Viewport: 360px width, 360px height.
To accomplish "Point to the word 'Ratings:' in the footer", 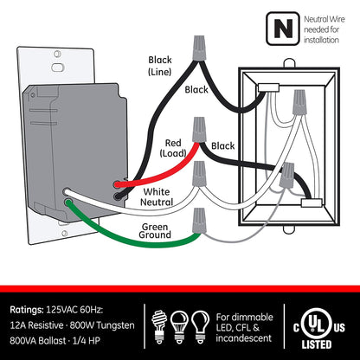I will pyautogui.click(x=34, y=308).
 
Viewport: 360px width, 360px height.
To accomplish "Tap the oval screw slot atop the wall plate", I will pyautogui.click(x=57, y=66).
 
